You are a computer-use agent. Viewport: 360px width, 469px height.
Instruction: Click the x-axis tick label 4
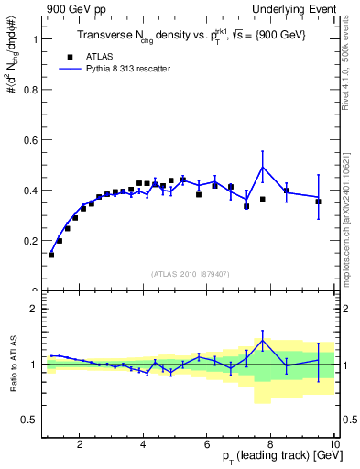(143, 445)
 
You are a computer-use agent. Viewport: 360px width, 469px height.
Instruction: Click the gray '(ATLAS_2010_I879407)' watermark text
(190, 273)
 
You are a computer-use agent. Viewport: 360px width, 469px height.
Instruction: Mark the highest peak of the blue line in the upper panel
(263, 167)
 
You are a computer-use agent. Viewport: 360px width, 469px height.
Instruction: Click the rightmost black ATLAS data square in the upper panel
(318, 202)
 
